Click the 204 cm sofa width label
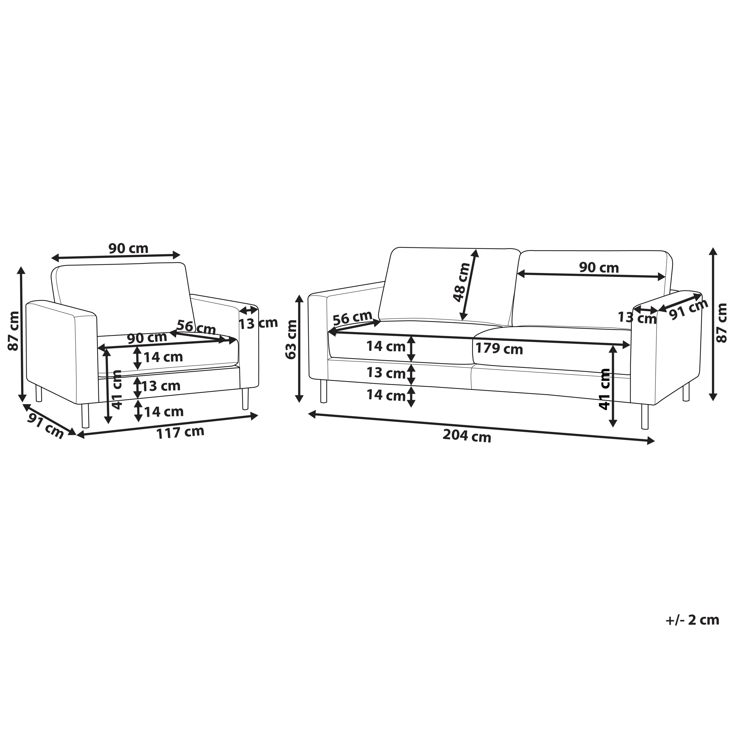tap(467, 437)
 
